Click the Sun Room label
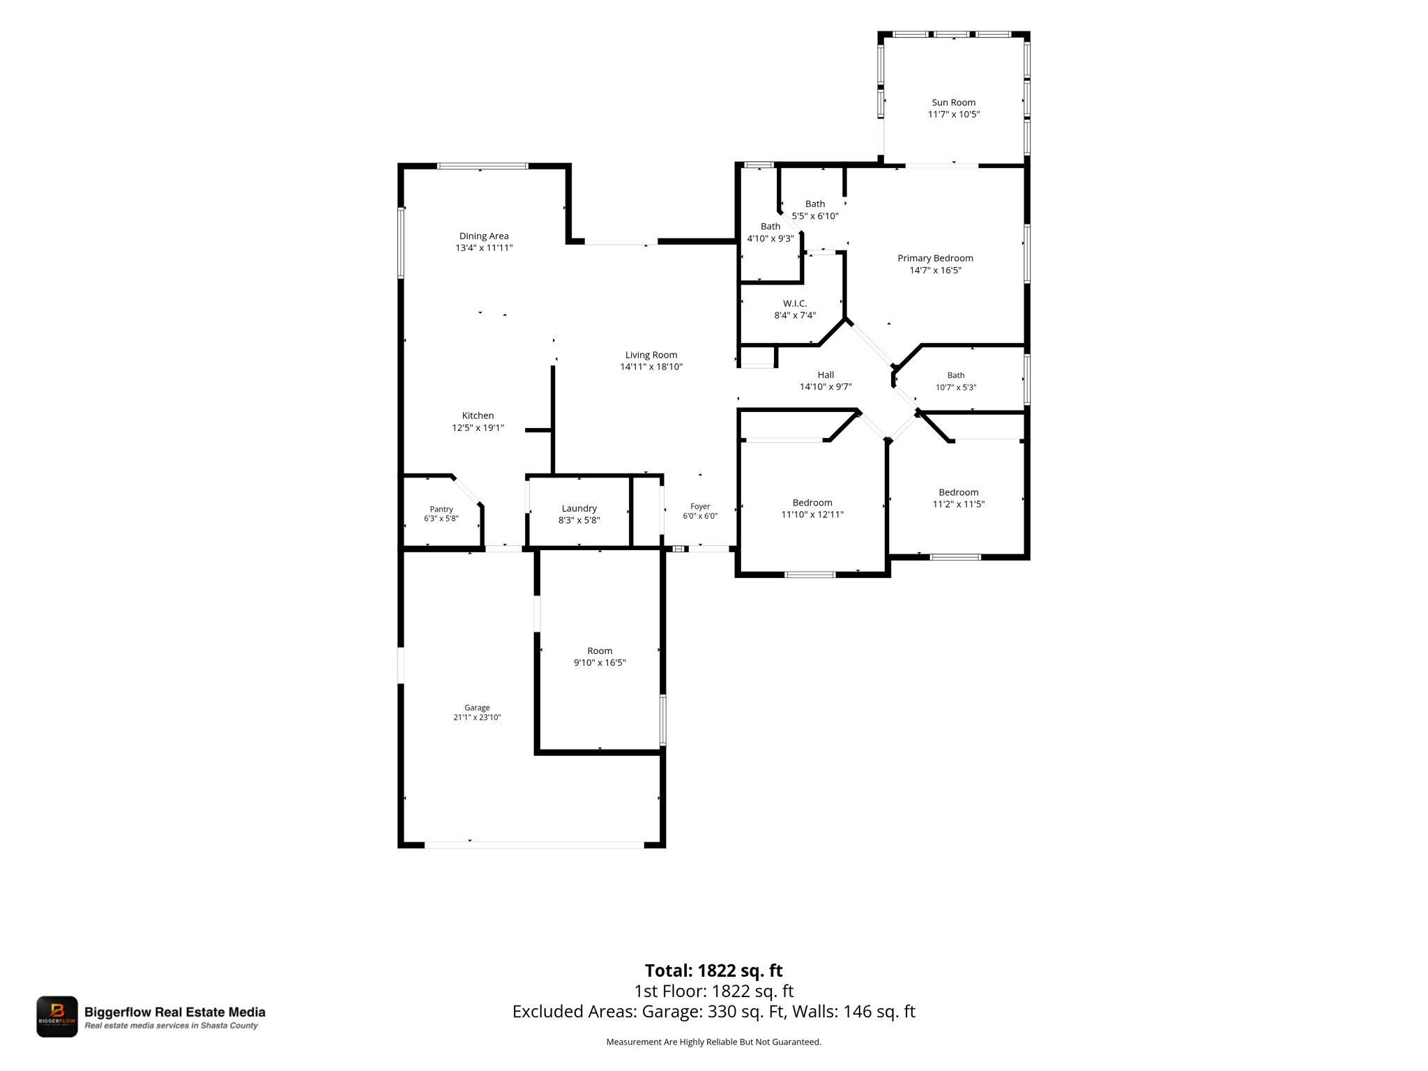[x=953, y=102]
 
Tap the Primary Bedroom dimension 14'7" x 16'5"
[x=935, y=271]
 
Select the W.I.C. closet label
[x=795, y=303]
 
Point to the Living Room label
[x=651, y=355]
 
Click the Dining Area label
[x=484, y=236]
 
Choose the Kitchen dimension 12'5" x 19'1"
[x=478, y=428]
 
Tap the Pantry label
[x=441, y=510]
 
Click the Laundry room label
[x=579, y=508]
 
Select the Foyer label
[x=700, y=507]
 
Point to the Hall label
[x=826, y=374]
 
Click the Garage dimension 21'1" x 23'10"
[x=477, y=717]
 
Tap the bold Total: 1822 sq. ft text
[x=713, y=971]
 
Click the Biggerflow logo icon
[x=57, y=1017]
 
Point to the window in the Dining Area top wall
[x=483, y=166]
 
